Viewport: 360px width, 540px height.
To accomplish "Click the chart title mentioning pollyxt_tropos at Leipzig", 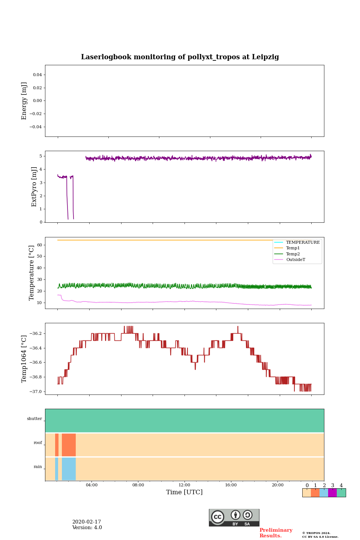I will (180, 57).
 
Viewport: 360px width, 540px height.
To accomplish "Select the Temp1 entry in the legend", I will (293, 248).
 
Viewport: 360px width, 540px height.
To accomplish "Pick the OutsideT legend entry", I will (295, 260).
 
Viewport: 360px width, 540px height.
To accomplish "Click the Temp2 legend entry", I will (293, 254).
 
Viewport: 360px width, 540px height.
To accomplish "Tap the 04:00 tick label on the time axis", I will (91, 485).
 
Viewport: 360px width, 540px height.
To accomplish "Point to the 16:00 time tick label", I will (231, 485).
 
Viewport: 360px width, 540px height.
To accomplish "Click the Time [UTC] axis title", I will (184, 492).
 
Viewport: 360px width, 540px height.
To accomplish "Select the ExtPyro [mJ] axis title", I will (34, 187).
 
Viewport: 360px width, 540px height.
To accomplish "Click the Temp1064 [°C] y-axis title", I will (24, 359).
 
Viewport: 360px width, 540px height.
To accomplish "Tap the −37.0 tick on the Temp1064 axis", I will (36, 391).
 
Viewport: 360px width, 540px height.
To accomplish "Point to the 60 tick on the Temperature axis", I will (39, 245).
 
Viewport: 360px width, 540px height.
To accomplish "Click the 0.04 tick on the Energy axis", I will (37, 75).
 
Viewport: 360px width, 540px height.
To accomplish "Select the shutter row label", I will (34, 419).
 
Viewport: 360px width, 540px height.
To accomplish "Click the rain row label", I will (38, 467).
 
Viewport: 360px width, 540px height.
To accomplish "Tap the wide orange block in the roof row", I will (69, 445).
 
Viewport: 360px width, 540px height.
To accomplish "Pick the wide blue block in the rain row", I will (69, 469).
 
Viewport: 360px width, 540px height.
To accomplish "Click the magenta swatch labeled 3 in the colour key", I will (332, 493).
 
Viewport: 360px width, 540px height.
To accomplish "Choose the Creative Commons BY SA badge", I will (234, 517).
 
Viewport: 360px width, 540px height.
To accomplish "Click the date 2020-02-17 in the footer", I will (87, 522).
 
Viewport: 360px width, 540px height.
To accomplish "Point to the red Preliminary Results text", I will (276, 533).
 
